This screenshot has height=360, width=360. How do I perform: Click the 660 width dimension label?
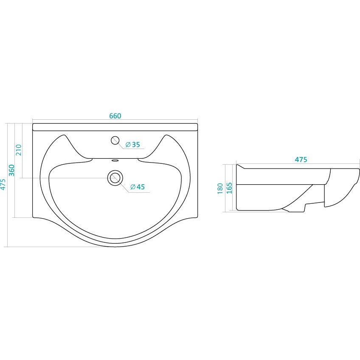115,116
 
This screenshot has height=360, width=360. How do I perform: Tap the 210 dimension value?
19,150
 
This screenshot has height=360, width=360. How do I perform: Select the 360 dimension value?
11,170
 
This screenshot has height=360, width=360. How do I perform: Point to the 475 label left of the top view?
3,185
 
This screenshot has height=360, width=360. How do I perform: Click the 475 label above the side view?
301,160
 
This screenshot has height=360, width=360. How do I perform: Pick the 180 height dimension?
220,188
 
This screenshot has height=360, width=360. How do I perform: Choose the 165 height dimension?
229,188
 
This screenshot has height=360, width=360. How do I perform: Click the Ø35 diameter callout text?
133,145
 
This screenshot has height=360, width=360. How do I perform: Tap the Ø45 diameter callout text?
138,187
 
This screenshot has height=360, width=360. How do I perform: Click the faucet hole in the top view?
115,140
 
